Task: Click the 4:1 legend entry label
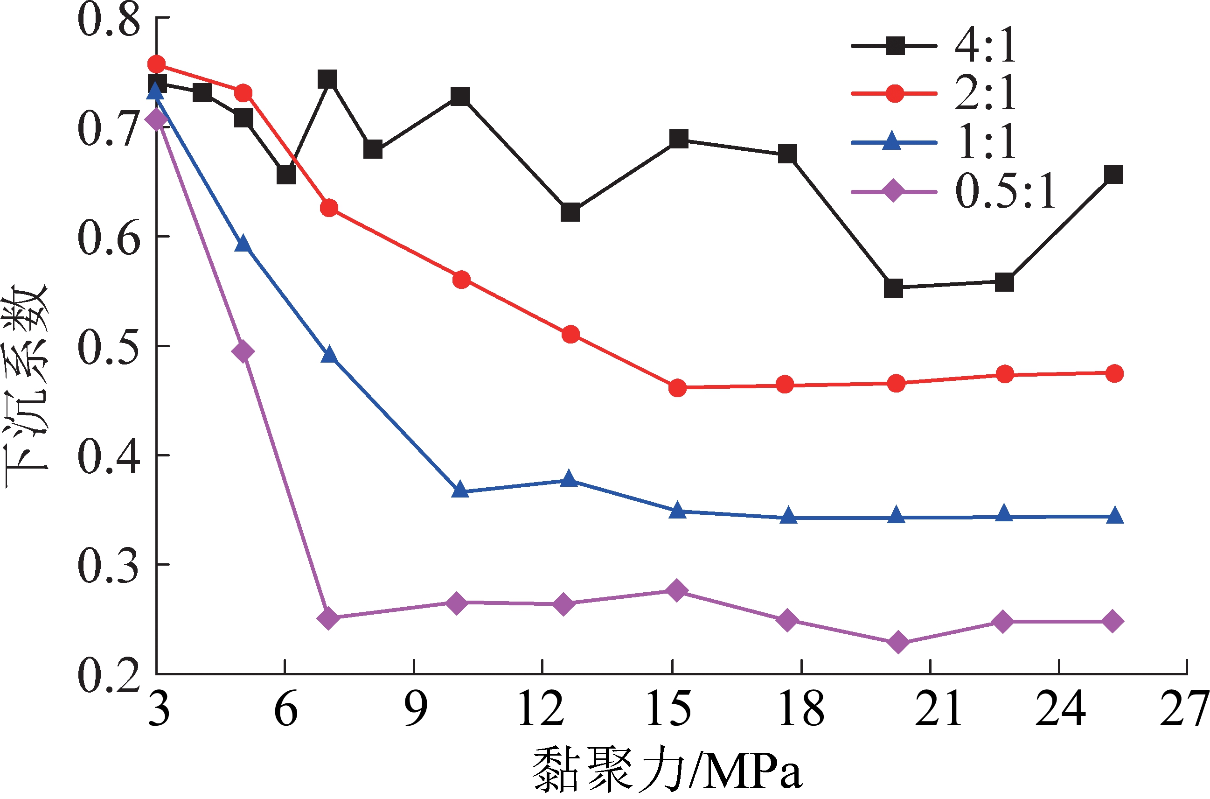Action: (x=985, y=46)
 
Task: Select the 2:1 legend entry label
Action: (x=985, y=93)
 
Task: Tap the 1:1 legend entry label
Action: (x=985, y=142)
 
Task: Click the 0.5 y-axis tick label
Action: (x=109, y=348)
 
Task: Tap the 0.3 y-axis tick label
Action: (x=109, y=566)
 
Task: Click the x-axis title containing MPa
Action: (x=668, y=770)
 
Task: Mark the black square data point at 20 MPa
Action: (x=893, y=288)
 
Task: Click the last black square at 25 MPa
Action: (x=1114, y=175)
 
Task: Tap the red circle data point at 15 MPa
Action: (x=677, y=388)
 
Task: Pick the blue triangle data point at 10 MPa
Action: (x=460, y=489)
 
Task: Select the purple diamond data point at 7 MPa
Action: (x=328, y=618)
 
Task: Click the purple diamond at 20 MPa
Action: (x=898, y=642)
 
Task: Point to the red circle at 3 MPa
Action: (x=156, y=64)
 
